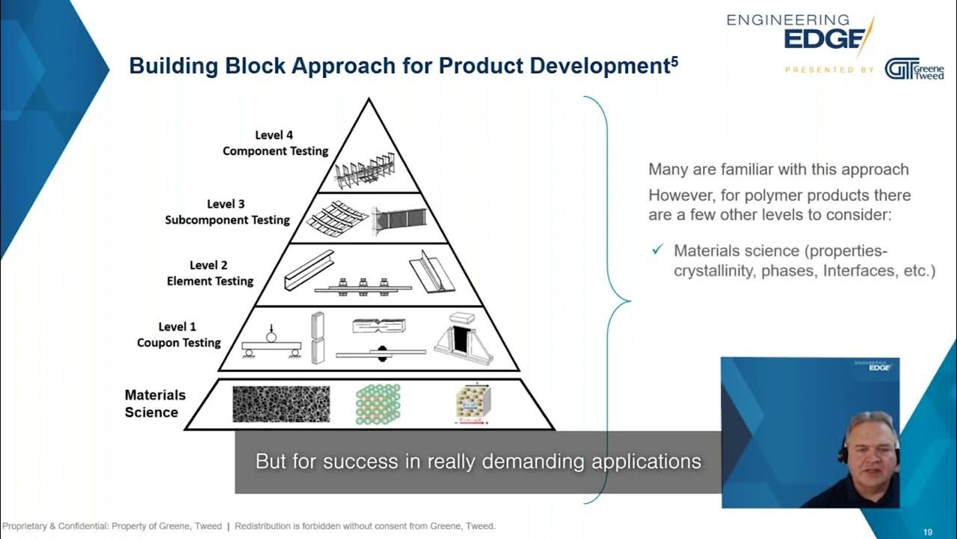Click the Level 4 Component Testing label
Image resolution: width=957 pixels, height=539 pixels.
tap(275, 143)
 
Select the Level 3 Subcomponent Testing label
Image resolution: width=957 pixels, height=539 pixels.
tap(227, 212)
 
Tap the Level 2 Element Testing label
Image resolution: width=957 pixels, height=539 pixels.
tap(209, 273)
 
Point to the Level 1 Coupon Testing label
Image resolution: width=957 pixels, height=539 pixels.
tap(178, 335)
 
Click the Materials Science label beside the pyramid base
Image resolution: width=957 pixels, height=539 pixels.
tap(155, 404)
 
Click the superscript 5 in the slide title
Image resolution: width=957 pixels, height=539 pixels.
tap(674, 61)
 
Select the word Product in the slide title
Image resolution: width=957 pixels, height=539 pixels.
tap(481, 66)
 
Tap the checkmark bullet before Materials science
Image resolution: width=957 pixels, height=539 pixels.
tap(657, 250)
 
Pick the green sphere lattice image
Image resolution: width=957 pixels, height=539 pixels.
tap(378, 404)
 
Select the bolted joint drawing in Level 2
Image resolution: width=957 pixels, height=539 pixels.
tap(362, 285)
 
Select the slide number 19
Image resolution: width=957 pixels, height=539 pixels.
tap(927, 532)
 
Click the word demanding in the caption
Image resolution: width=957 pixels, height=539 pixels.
tap(523, 461)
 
